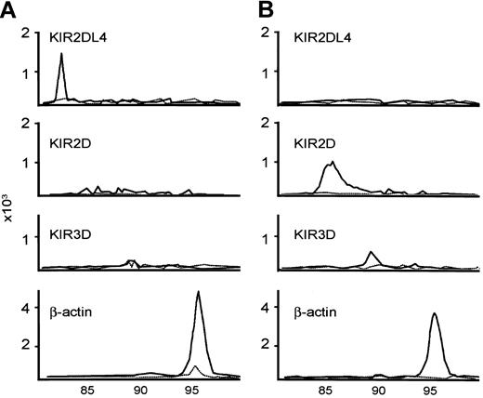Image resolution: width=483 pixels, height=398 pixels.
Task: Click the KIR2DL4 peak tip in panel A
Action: [x=61, y=53]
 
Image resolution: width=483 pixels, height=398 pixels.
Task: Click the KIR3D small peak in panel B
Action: [x=371, y=252]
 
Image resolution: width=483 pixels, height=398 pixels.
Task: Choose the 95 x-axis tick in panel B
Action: [x=432, y=391]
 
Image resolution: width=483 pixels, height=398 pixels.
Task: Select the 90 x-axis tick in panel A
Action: [x=141, y=391]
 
